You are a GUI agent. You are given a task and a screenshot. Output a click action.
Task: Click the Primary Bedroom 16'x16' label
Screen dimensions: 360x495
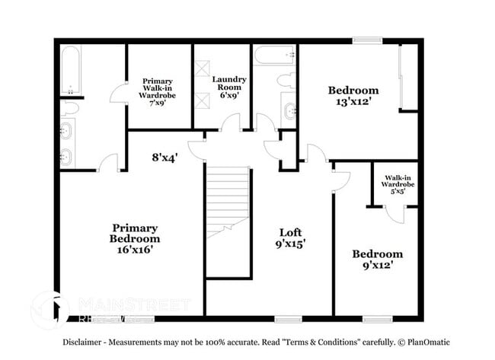tap(135, 238)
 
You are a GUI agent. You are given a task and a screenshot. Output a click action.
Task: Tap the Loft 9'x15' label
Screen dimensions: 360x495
tap(291, 238)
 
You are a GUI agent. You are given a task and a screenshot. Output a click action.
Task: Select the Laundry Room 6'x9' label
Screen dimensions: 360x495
tap(228, 85)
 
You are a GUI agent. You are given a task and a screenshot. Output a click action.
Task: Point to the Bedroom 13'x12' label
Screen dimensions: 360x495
tap(353, 96)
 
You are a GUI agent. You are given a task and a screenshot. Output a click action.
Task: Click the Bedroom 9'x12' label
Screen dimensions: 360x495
tap(377, 260)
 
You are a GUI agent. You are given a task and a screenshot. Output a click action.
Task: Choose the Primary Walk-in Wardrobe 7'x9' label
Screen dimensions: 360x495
tap(158, 91)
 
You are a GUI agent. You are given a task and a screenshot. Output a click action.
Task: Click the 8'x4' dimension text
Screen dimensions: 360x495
tap(164, 158)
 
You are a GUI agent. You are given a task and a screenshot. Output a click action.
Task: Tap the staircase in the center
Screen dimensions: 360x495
tap(228, 202)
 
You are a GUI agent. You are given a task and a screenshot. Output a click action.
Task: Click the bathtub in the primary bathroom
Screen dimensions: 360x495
tap(70, 70)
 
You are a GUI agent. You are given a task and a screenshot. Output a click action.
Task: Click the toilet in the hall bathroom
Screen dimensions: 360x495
tap(286, 80)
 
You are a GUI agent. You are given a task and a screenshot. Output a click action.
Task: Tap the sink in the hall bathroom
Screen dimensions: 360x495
tap(290, 111)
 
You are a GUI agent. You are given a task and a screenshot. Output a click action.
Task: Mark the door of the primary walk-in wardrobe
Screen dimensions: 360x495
tap(120, 93)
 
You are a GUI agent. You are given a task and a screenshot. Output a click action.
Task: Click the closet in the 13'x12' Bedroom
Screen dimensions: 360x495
tap(408, 77)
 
